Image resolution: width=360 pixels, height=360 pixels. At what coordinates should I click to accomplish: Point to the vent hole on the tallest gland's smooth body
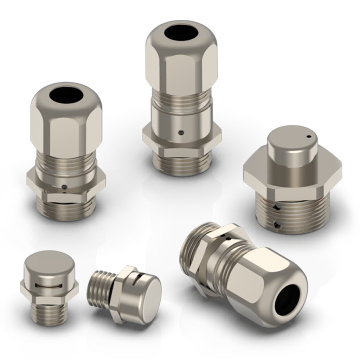point(181,133)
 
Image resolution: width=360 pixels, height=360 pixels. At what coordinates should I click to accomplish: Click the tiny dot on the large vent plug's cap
point(308,136)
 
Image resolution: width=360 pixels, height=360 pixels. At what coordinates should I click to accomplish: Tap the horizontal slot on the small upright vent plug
point(49,284)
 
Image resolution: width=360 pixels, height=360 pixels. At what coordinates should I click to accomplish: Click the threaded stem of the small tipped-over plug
point(100,285)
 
